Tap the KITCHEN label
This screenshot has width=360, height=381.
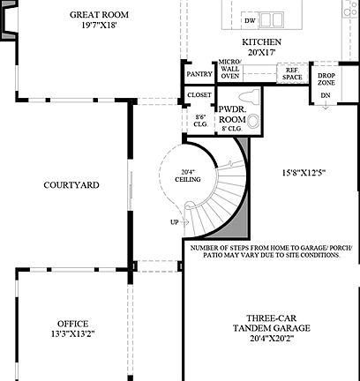[x=262, y=41]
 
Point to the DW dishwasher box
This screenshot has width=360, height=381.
[x=251, y=19]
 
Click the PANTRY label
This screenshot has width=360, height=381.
[x=199, y=75]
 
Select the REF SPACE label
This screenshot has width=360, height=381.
[x=292, y=75]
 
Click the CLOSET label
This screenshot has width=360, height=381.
[x=199, y=96]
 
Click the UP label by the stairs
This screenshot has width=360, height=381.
[x=174, y=221]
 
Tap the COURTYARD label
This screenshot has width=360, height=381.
[x=71, y=185]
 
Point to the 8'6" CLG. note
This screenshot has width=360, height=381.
[x=199, y=122]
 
